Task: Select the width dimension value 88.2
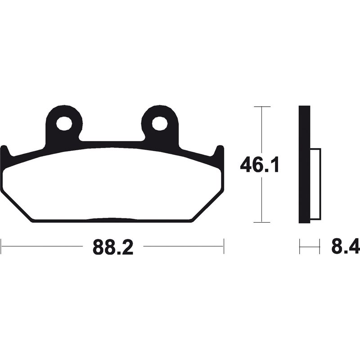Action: click(x=113, y=247)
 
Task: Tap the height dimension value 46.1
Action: click(x=260, y=165)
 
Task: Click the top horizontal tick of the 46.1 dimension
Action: click(x=262, y=107)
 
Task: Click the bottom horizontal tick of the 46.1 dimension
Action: click(x=262, y=222)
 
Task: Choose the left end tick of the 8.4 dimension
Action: click(x=300, y=247)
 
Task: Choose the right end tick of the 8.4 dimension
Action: click(x=319, y=247)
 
